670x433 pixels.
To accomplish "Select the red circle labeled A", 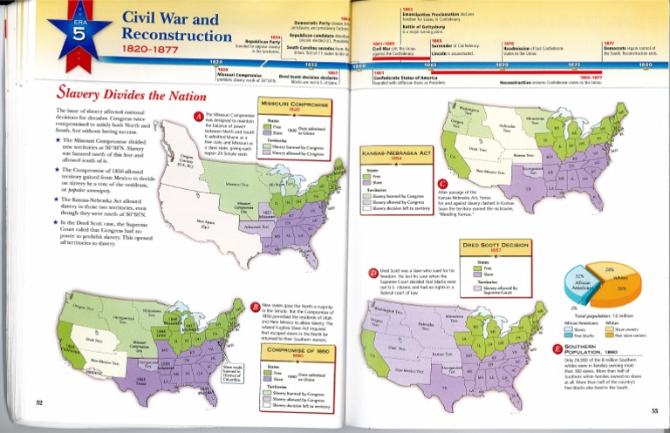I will [200, 117].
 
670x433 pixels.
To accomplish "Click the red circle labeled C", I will [443, 184].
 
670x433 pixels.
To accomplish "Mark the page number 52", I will [38, 402].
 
